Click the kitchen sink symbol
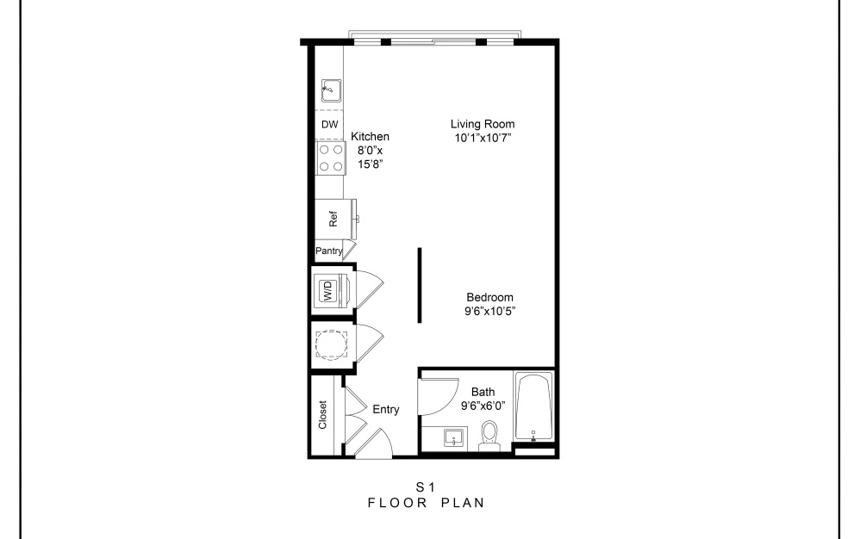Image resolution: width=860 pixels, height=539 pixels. (329, 89)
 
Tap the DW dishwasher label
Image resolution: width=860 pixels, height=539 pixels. (329, 125)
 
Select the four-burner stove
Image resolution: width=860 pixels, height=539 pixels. (329, 157)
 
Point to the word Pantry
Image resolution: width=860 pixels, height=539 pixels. (329, 251)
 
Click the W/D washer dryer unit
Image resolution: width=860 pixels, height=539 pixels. (329, 290)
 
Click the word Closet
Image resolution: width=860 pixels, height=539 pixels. (323, 415)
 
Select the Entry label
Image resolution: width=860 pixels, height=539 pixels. (385, 410)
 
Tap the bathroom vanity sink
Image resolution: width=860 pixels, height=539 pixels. (453, 438)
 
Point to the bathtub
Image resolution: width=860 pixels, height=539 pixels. (534, 406)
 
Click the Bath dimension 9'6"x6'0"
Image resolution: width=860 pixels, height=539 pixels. (483, 405)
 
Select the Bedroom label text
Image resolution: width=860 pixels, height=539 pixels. (490, 298)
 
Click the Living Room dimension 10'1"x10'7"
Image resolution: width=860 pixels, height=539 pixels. (482, 138)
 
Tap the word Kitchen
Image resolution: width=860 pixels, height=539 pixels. (370, 137)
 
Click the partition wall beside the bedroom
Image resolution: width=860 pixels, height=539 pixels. (420, 285)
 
